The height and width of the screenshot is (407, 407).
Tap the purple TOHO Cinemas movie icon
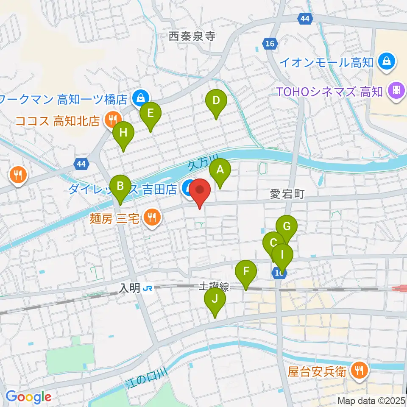click(397, 90)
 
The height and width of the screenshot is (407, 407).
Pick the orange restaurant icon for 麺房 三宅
click(151, 218)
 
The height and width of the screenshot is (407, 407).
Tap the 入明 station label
click(129, 288)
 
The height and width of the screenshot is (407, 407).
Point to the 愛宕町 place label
click(287, 195)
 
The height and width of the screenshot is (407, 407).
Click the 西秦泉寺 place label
click(192, 37)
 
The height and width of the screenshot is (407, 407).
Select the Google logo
click(28, 397)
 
